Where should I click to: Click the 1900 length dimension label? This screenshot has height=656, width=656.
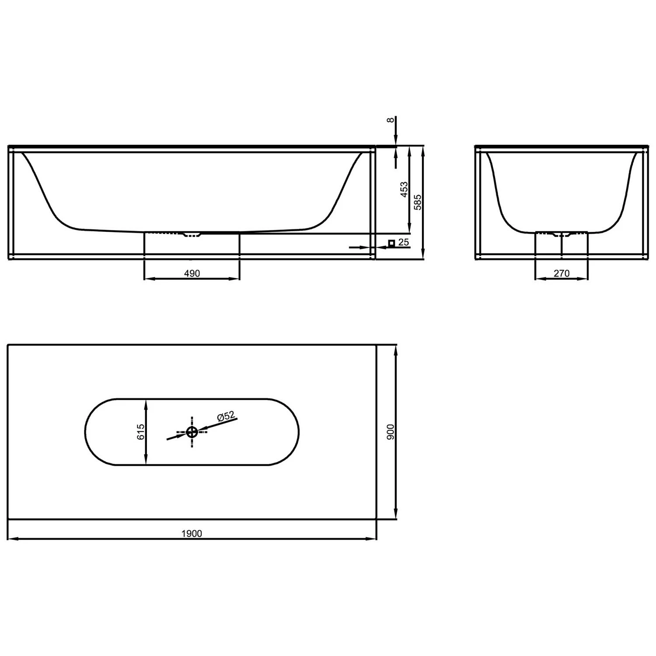coord(192,534)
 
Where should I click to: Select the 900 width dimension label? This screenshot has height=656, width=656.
coord(391,432)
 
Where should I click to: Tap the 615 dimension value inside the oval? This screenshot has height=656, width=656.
coord(140,432)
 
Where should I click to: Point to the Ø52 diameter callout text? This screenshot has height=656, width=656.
coord(226,416)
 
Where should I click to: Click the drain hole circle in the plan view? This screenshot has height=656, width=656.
coord(192,433)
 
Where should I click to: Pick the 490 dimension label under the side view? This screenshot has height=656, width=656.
coord(192,273)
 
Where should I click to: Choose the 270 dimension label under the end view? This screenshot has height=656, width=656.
coord(562,273)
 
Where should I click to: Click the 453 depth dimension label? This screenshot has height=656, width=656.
coord(404,190)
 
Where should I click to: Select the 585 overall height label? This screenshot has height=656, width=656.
coord(418,202)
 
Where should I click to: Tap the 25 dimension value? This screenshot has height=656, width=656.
coord(403,242)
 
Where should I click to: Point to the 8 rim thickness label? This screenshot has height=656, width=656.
coord(391,120)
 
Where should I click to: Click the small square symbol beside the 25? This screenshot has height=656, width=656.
coord(391,243)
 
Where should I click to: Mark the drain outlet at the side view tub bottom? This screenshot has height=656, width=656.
coord(192,235)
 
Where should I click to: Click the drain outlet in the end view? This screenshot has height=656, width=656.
coord(562,235)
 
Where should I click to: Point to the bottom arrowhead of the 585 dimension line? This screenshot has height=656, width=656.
coord(422,255)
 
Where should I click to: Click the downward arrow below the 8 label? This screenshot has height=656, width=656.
coord(396,141)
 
